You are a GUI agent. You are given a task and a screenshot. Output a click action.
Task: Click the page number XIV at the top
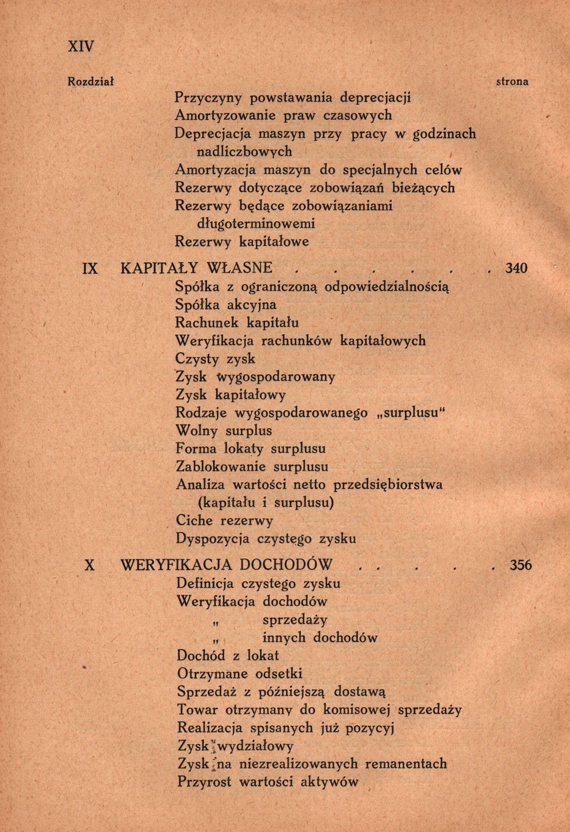pyautogui.click(x=80, y=47)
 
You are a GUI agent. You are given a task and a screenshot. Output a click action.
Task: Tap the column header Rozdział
pyautogui.click(x=91, y=82)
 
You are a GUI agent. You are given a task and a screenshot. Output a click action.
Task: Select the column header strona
pyautogui.click(x=512, y=82)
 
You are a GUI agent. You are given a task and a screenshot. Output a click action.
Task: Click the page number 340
pyautogui.click(x=516, y=268)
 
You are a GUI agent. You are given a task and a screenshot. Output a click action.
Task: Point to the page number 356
pyautogui.click(x=521, y=565)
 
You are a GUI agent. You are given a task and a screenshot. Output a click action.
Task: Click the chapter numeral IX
pyautogui.click(x=90, y=268)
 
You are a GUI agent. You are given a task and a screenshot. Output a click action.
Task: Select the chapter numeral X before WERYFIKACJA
pyautogui.click(x=90, y=565)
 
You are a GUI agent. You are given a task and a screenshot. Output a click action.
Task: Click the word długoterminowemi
pyautogui.click(x=256, y=224)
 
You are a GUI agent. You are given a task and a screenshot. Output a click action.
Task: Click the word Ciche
pyautogui.click(x=194, y=521)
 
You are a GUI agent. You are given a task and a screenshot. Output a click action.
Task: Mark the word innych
pyautogui.click(x=284, y=638)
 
